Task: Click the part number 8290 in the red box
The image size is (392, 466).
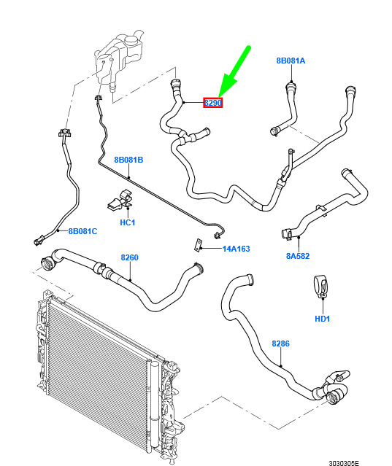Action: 212,103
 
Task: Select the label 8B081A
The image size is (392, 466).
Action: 291,61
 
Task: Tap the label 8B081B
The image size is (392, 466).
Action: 128,160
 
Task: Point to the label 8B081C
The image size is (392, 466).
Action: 82,231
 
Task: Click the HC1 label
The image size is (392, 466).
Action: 127,222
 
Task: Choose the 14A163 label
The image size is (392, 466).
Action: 237,249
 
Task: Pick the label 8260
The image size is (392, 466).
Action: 129,257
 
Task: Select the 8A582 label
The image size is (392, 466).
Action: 298,256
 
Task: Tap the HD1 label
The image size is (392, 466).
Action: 323,319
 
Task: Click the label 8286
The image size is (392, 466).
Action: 280,343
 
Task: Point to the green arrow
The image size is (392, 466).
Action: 234,72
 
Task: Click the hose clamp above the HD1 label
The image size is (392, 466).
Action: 321,287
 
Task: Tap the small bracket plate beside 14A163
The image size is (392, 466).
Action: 198,245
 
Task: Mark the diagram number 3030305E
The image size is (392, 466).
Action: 344,463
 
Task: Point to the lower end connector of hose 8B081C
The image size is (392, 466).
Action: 39,240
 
